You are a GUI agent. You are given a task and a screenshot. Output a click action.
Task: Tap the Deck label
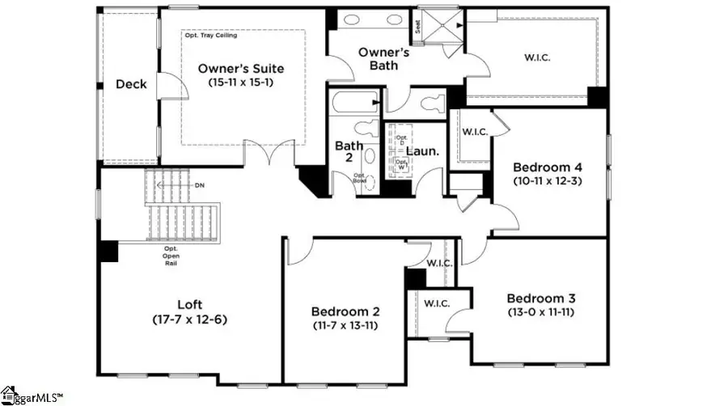click(130, 84)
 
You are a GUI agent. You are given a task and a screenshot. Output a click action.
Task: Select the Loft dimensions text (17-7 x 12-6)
click(189, 319)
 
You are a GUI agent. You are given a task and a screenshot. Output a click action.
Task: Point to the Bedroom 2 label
click(345, 311)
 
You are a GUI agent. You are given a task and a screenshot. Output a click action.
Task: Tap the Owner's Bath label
click(385, 58)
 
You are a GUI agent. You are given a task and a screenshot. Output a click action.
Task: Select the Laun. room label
click(421, 151)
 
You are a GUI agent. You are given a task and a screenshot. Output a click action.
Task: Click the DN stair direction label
click(200, 185)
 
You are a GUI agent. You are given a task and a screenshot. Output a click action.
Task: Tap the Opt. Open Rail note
click(171, 256)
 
